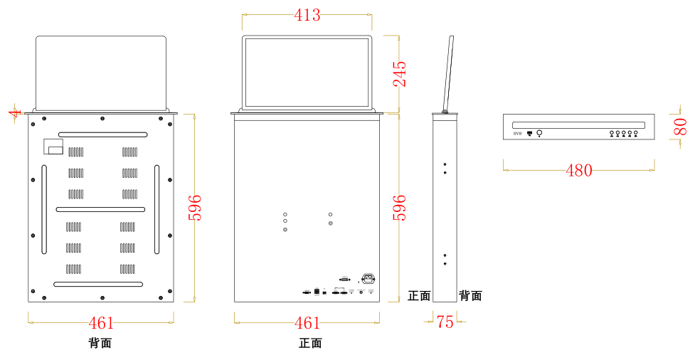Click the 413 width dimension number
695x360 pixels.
pos(307,15)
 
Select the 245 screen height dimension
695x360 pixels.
pos(400,74)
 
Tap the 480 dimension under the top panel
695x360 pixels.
pos(578,171)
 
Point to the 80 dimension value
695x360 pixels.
pos(680,127)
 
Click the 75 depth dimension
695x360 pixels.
pos(445,322)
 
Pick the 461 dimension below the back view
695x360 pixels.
pos(101,323)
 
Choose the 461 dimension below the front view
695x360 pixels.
pos(307,323)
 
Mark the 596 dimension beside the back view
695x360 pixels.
pos(195,207)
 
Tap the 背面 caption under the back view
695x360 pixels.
pos(100,343)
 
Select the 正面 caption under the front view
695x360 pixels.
pos(310,343)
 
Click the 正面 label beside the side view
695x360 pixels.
pos(419,296)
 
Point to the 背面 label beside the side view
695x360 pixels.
pos(470,296)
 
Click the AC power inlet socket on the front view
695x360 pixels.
pos(368,279)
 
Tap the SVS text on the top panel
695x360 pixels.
pos(517,133)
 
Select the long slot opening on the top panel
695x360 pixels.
pos(578,125)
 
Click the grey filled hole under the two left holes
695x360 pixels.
pos(285,230)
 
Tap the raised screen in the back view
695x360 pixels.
pos(101,73)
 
